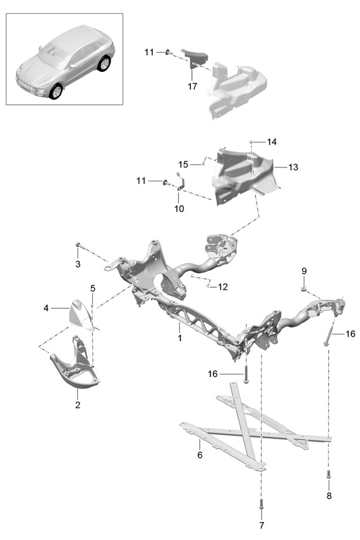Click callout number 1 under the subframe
click(x=179, y=338)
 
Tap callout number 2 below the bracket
click(x=77, y=404)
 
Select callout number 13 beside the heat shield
click(x=293, y=167)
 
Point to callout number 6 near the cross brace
click(x=200, y=455)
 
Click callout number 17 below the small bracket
click(x=192, y=86)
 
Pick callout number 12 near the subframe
click(x=223, y=287)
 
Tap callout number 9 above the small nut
click(x=304, y=271)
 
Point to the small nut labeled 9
click(x=304, y=289)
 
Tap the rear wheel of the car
click(x=104, y=64)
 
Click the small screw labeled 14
click(x=251, y=141)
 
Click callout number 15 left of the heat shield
click(x=184, y=164)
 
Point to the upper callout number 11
click(x=149, y=52)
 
